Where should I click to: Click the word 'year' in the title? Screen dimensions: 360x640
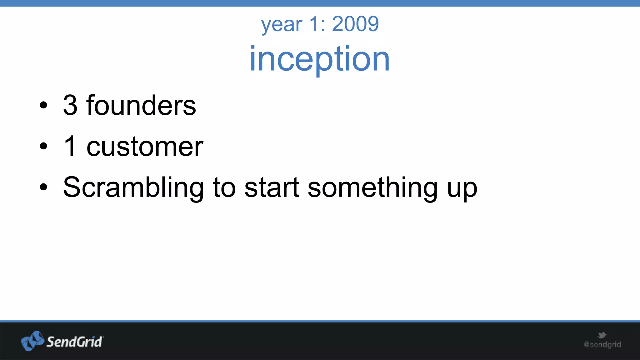282,25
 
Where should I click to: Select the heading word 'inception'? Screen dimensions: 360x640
320,59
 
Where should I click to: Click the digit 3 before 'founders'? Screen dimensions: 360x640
70,105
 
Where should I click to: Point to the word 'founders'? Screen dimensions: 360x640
141,105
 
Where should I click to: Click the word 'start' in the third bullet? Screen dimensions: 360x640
272,187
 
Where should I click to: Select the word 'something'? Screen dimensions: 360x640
372,187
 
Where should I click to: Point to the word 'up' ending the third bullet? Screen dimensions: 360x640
462,189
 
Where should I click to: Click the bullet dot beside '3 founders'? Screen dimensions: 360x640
43,105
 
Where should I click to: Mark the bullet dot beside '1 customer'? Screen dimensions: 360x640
43,146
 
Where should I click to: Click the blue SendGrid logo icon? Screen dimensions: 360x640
32,341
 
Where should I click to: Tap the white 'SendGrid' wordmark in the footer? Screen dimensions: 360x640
75,342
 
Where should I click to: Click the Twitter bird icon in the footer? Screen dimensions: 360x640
602,335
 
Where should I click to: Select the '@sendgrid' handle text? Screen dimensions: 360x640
602,345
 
